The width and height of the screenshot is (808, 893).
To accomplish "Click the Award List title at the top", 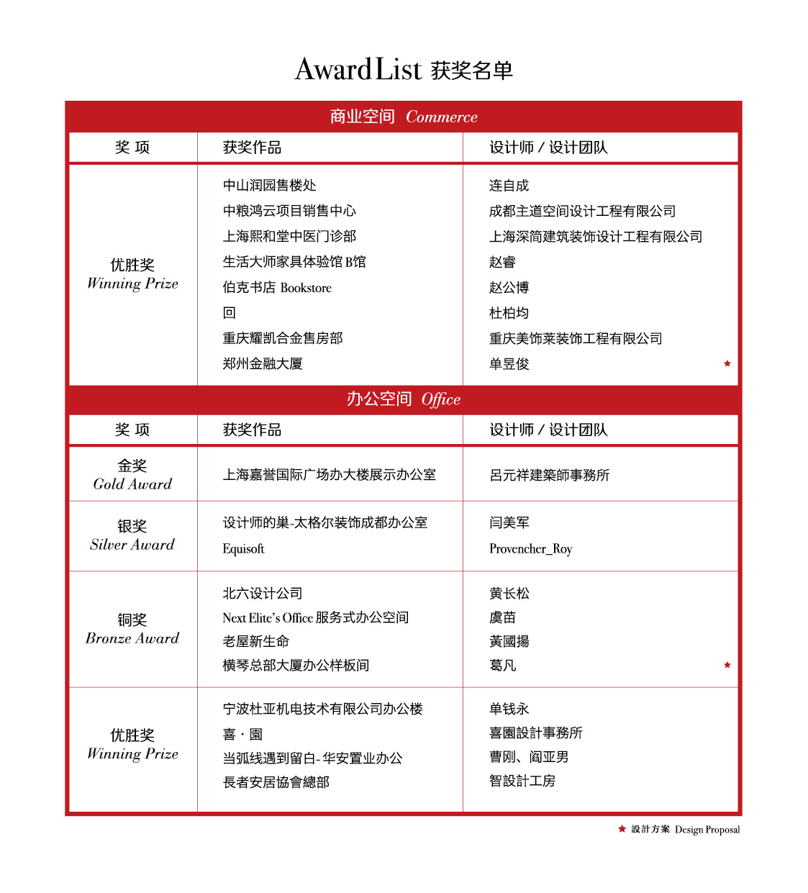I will (404, 70).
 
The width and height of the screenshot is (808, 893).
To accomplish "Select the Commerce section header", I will (404, 117).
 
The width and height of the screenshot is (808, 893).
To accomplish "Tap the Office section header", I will (404, 399).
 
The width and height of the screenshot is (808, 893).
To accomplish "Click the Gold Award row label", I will (132, 475).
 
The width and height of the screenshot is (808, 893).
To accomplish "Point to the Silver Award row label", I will (132, 535).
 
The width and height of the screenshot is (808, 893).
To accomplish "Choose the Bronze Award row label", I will (132, 629).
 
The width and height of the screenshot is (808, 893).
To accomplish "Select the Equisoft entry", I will (244, 549).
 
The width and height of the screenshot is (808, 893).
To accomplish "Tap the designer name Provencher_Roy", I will (530, 549).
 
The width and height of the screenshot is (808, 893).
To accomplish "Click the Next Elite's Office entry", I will (315, 617).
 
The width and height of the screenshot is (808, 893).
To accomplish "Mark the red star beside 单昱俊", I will (727, 363).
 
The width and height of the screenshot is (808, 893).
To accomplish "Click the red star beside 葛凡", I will (727, 665).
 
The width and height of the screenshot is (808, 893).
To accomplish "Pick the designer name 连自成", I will (509, 186).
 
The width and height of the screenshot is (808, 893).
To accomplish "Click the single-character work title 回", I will (230, 313).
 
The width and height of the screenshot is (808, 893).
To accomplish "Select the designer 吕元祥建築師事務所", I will (549, 475).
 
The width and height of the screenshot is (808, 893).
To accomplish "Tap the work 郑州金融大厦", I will (263, 364).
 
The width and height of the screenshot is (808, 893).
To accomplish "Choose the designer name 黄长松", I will (509, 594).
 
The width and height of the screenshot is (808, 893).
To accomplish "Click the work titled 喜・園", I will (242, 734).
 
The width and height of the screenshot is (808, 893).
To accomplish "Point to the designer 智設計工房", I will (522, 781).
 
